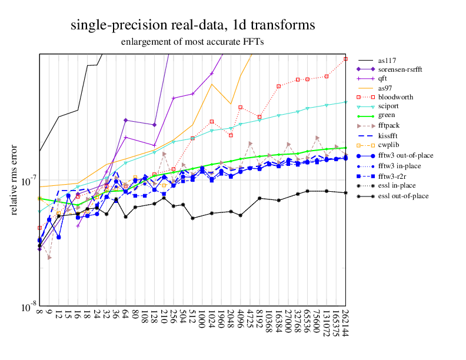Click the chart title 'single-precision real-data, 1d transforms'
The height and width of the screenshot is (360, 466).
(192, 25)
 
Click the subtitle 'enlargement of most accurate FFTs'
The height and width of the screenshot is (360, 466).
(192, 42)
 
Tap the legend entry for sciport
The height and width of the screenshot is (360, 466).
(391, 106)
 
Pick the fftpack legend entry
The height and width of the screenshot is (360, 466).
(390, 125)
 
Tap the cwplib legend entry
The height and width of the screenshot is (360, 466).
(389, 144)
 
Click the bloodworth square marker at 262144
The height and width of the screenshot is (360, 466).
(345, 59)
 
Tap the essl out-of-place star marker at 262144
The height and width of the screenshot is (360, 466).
(345, 193)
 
